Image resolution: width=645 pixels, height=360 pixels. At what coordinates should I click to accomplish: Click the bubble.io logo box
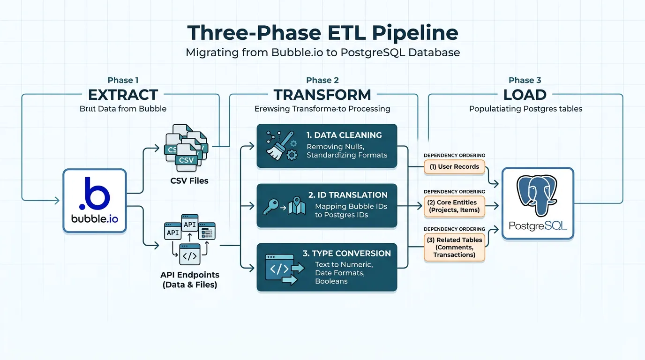pyautogui.click(x=94, y=201)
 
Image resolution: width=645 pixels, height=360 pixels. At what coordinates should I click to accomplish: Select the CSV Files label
pyautogui.click(x=189, y=180)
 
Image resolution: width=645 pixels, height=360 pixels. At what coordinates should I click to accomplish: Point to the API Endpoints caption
pyautogui.click(x=189, y=279)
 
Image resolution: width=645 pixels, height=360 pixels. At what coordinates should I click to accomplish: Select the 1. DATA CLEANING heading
pyautogui.click(x=344, y=135)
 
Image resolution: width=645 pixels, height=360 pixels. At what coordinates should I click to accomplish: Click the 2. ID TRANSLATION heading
pyautogui.click(x=348, y=195)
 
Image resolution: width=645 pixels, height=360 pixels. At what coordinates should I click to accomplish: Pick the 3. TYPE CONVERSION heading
pyautogui.click(x=346, y=253)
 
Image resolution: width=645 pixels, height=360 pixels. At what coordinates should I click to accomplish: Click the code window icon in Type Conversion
pyautogui.click(x=280, y=268)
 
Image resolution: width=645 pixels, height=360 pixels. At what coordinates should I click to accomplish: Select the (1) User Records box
pyautogui.click(x=454, y=166)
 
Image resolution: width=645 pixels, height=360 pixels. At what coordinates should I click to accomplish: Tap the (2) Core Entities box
pyautogui.click(x=454, y=206)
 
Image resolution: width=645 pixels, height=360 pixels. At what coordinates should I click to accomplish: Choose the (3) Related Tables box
pyautogui.click(x=454, y=247)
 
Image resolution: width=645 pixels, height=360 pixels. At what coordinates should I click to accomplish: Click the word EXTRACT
pyautogui.click(x=123, y=95)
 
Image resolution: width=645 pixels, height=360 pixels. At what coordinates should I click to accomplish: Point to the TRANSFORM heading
pyautogui.click(x=322, y=95)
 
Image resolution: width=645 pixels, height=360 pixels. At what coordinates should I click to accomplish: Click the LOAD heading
pyautogui.click(x=525, y=95)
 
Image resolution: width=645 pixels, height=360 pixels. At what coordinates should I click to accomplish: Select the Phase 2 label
pyautogui.click(x=322, y=80)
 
